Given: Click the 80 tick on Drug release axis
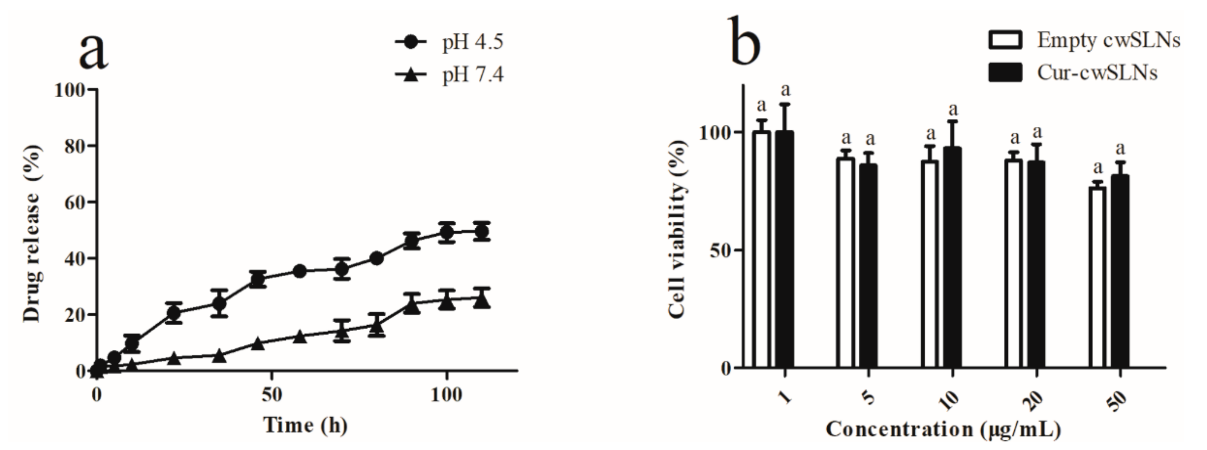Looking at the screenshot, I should [75, 146].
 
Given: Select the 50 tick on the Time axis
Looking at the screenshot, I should [272, 395].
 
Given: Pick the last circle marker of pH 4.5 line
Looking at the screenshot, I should [482, 232].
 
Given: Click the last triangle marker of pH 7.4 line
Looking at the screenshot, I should [482, 300].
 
